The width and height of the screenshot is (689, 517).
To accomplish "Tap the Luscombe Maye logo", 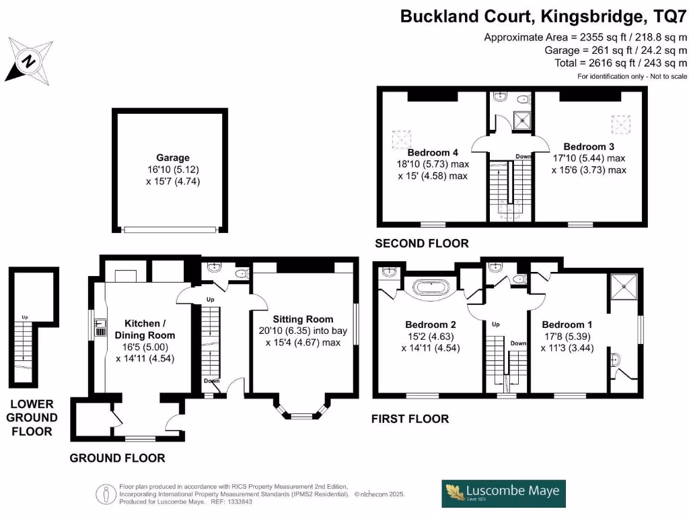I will pos(503,493).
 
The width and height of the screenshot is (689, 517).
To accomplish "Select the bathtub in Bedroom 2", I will pos(433,289).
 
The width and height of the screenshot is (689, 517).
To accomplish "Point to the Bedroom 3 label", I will pos(589,146).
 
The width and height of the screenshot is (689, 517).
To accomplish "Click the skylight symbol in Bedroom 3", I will pos(620,123).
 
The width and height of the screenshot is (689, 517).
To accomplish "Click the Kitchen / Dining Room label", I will pos(145,329).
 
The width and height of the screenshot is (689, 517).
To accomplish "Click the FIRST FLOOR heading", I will pos(410,419).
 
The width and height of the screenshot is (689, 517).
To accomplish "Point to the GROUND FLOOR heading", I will pos(117,458).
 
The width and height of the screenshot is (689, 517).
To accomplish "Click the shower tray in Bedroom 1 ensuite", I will pos(623,287).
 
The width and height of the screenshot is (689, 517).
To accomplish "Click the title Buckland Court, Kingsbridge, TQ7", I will pos(544,15).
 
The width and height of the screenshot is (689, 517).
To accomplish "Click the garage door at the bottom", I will pos(170,230).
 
